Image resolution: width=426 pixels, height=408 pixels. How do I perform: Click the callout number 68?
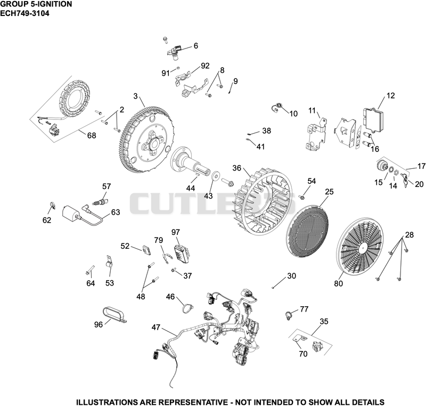[x=92, y=135]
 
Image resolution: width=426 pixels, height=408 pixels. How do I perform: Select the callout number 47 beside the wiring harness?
[x=156, y=327]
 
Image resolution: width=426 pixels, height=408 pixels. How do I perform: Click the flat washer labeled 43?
[x=216, y=176]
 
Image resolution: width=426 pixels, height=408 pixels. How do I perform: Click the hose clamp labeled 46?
[x=187, y=308]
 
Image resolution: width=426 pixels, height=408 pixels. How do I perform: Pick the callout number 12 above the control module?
[x=390, y=96]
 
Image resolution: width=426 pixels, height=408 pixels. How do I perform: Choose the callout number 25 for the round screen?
[x=329, y=192]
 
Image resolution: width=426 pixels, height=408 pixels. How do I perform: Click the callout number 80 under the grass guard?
[x=338, y=283]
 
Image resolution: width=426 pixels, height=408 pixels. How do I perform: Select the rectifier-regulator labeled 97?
[x=182, y=254]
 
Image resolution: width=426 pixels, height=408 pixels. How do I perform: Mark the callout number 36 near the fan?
[x=236, y=168]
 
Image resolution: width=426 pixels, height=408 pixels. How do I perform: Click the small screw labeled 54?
[x=301, y=197]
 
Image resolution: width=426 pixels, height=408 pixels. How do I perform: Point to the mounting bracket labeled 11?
[x=316, y=134]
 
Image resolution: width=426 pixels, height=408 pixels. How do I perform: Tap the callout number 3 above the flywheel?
[x=136, y=96]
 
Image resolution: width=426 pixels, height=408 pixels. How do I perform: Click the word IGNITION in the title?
[x=55, y=4]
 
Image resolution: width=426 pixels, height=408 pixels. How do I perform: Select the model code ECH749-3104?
[x=24, y=13]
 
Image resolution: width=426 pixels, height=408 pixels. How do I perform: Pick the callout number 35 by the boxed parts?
[x=324, y=322]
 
